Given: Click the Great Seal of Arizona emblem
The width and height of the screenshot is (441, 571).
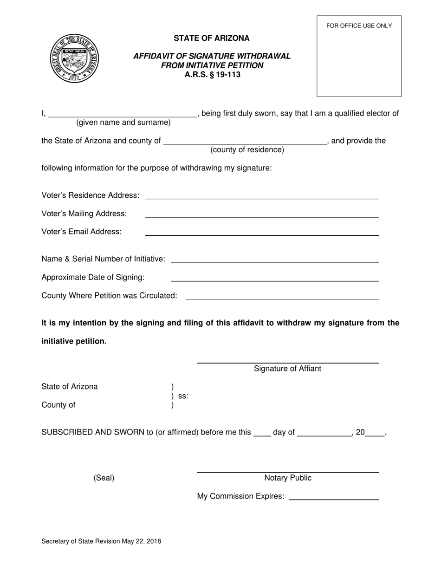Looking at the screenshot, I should pos(74,58).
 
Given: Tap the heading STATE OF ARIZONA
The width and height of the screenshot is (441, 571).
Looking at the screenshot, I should pos(212,38).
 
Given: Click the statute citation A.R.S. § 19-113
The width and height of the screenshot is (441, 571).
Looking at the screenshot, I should pos(212,74).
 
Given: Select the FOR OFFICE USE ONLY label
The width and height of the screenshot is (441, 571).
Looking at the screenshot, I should pos(359,26).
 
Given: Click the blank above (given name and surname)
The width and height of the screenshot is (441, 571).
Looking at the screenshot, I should pos(123,114).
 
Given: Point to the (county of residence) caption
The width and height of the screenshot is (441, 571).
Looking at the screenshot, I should pos(247,150).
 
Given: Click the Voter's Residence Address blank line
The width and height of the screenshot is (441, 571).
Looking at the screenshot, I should pos(262,196).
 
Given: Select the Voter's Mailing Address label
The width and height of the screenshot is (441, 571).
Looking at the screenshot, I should pos(84,214).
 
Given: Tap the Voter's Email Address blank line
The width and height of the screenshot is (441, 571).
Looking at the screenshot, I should pos(262,232).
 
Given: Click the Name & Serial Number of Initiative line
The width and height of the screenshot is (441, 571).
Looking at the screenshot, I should pos(275,260).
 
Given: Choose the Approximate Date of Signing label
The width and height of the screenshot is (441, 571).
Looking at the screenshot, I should pos(93,278).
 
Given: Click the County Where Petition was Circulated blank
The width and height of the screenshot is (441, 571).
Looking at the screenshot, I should pos(282,296).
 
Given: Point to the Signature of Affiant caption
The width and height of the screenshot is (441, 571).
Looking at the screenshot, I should pos(287,369).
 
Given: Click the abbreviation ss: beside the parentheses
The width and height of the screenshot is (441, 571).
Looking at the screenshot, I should pos(183,396).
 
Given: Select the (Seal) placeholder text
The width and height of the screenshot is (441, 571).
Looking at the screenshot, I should pos(104,478).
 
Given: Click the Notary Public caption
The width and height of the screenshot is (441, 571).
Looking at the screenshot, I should pos(288,478).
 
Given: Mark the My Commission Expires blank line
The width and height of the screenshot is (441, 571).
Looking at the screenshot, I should pos(333,497).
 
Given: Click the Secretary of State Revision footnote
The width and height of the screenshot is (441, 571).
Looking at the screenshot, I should pos(101,541).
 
